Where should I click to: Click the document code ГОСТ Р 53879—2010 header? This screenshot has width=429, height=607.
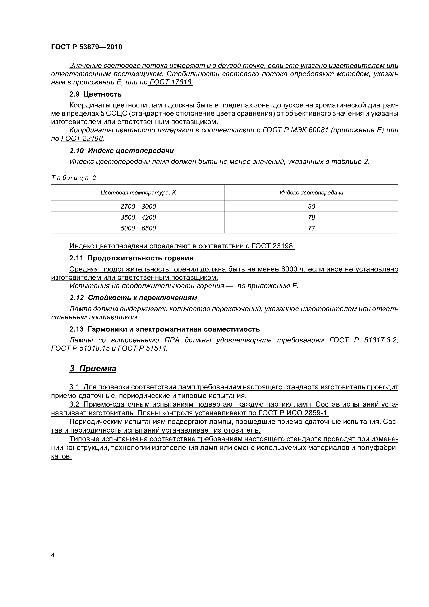87,47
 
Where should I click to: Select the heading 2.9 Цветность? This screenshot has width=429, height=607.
95,94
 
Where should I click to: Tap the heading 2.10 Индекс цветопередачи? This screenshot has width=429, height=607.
122,151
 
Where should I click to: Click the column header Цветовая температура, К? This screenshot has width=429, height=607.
138,192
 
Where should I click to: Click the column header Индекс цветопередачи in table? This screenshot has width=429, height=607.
311,192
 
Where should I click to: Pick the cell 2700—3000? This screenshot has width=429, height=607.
138,206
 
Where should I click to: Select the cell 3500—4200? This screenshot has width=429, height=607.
138,217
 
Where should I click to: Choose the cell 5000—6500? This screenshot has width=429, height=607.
138,228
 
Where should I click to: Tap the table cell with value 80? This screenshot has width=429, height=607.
311,206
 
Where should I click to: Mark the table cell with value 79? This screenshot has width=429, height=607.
311,217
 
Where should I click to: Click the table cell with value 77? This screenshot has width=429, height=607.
311,228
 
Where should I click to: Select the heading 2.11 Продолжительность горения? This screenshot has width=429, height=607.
131,258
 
